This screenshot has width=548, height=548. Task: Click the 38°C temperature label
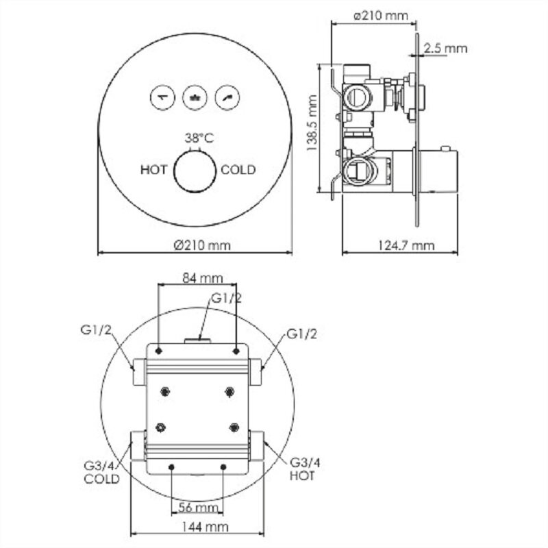(x=199, y=138)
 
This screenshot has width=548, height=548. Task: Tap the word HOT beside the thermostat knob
(x=153, y=170)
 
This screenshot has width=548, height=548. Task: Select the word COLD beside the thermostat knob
(x=238, y=170)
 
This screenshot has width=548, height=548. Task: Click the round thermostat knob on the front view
(x=195, y=171)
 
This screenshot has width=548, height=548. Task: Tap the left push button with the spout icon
(x=162, y=97)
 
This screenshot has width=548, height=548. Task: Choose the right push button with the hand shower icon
(x=227, y=97)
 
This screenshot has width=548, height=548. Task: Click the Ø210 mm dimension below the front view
(x=202, y=245)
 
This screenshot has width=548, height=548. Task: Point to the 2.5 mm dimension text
(x=446, y=48)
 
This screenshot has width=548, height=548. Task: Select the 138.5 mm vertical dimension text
(x=312, y=123)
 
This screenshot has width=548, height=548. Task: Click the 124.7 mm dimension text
(x=406, y=245)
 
